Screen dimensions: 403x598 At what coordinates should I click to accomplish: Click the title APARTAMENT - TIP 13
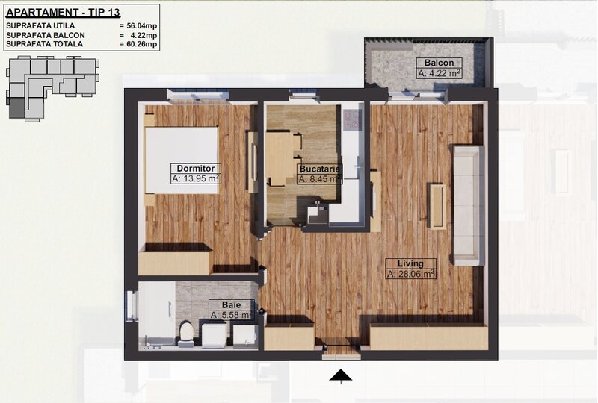[x=63, y=12]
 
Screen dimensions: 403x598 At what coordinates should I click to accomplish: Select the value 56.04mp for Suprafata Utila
[x=141, y=25]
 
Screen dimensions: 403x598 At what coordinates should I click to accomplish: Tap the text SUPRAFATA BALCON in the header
[x=45, y=35]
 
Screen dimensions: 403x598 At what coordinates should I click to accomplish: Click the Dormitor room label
[x=194, y=167]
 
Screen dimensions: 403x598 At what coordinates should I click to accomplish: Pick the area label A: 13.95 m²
[x=195, y=179]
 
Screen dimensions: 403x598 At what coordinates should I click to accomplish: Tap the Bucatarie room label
[x=320, y=168]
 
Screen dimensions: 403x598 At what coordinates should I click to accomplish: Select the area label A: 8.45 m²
[x=320, y=179]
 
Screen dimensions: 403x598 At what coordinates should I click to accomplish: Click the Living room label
[x=410, y=263]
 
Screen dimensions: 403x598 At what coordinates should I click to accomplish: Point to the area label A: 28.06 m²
[x=410, y=275]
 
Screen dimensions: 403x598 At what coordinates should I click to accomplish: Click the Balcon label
[x=439, y=63]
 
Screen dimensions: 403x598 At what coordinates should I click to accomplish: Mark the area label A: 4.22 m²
[x=439, y=73]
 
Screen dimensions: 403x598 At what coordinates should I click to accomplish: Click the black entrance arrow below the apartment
[x=341, y=375]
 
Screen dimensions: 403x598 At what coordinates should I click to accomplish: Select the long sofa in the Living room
[x=466, y=204]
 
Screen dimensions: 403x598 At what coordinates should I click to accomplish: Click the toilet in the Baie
[x=186, y=333]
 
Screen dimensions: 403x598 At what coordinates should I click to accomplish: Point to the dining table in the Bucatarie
[x=279, y=158]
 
